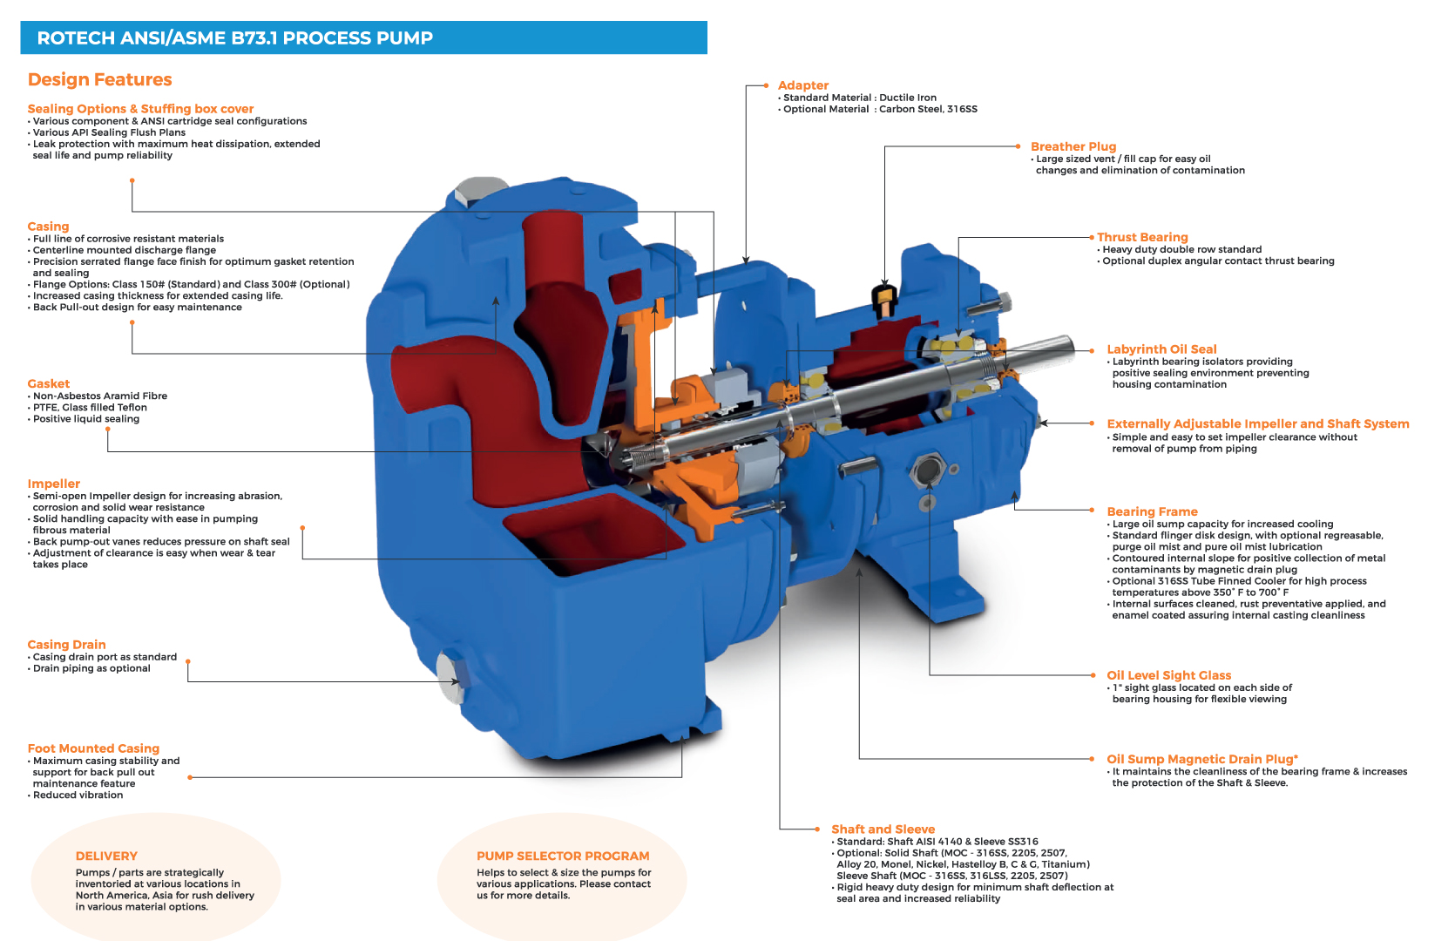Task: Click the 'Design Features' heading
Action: click(100, 80)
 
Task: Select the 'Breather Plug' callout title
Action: click(1073, 147)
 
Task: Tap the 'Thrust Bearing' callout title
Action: click(1141, 237)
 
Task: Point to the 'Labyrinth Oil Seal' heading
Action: click(1161, 349)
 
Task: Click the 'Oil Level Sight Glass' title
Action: click(1168, 675)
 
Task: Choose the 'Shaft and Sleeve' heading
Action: click(883, 829)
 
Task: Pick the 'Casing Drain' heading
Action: click(66, 645)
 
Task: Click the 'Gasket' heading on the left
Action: click(49, 384)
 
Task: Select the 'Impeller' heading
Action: click(53, 484)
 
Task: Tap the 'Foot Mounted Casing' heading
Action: click(93, 748)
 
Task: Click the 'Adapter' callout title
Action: click(802, 85)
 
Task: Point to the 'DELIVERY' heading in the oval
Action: click(106, 856)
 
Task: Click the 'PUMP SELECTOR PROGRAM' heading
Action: click(563, 856)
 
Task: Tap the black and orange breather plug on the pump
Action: click(883, 298)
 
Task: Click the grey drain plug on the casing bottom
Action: click(450, 679)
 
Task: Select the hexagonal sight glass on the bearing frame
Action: click(926, 472)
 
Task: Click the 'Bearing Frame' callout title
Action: click(1152, 511)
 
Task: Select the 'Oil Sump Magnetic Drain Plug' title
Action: click(1201, 759)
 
